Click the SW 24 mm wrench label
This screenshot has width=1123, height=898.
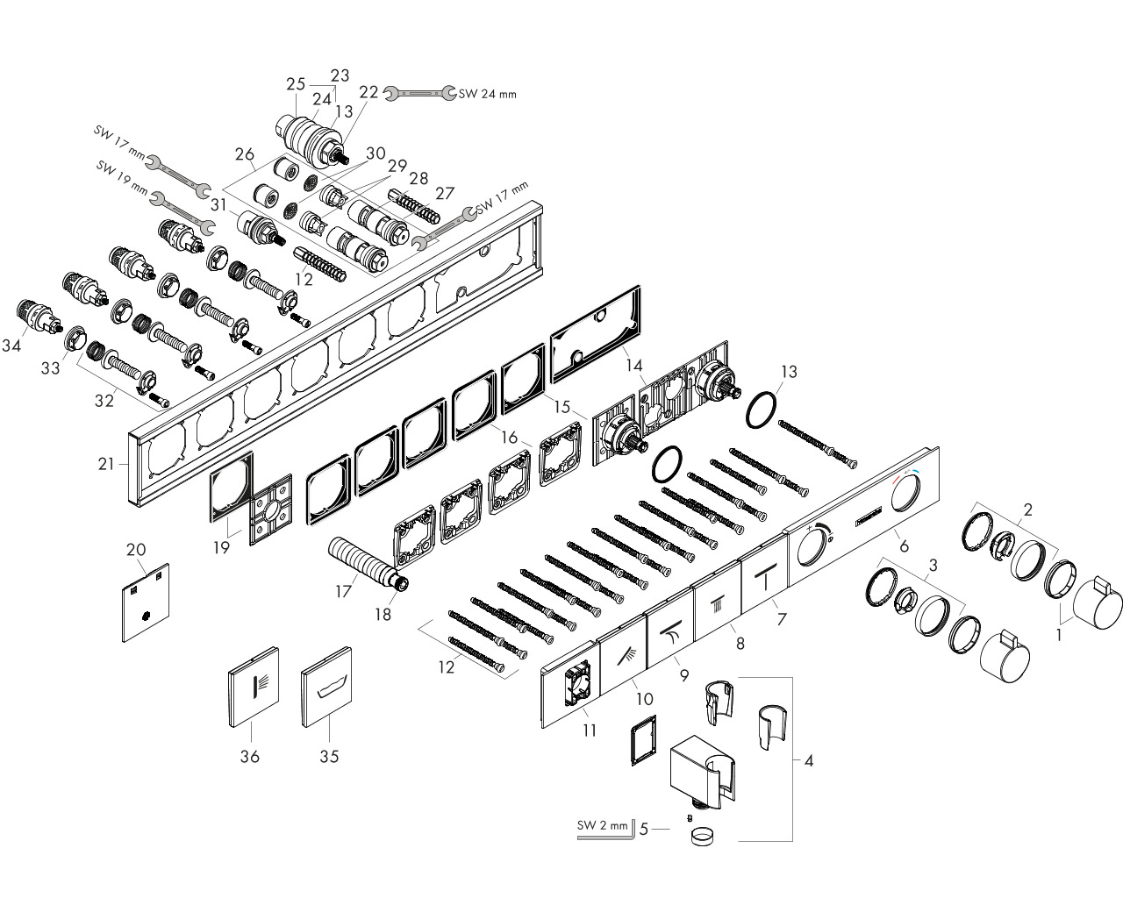(488, 95)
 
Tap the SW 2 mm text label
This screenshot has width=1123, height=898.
(602, 825)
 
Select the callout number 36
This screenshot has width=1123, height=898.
(249, 756)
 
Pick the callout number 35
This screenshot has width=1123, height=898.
(329, 756)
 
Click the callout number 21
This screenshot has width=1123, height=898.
(106, 463)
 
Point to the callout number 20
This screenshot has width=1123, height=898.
(136, 549)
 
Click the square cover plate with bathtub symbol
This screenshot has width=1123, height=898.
(326, 688)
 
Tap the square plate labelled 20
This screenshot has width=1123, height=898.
(146, 602)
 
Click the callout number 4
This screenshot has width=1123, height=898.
(808, 761)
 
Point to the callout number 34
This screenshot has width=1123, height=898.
(11, 345)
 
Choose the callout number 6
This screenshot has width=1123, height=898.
(905, 545)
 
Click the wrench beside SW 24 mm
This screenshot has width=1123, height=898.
(419, 93)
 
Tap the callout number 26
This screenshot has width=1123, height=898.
(244, 154)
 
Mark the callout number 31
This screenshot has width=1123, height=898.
(218, 204)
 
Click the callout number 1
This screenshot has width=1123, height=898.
(1058, 635)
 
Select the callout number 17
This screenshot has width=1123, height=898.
(343, 591)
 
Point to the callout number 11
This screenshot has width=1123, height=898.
(590, 730)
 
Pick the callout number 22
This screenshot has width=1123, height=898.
(368, 92)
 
